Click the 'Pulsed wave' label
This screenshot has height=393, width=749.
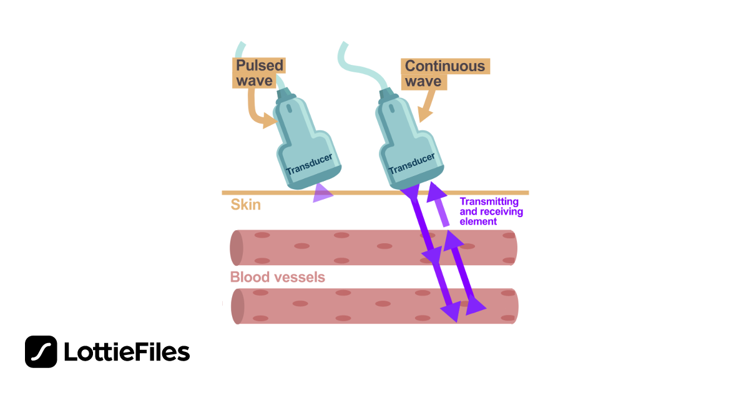click(259, 73)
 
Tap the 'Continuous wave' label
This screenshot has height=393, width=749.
click(445, 74)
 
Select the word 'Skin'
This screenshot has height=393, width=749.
click(246, 205)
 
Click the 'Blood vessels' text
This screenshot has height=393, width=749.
click(278, 277)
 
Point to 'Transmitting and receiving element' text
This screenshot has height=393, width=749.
click(491, 211)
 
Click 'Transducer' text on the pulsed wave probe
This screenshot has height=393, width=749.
click(310, 164)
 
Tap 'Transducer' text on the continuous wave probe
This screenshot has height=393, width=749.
click(411, 163)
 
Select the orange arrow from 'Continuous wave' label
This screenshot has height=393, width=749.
click(428, 105)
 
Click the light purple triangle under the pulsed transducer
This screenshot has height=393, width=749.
click(321, 193)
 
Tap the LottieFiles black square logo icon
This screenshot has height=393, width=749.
click(41, 352)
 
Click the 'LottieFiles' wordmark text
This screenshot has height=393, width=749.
click(127, 352)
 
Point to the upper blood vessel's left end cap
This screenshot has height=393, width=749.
click(237, 248)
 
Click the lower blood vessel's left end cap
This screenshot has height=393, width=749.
click(237, 306)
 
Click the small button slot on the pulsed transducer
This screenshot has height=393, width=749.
click(289, 109)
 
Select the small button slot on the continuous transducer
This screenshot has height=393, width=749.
click(391, 109)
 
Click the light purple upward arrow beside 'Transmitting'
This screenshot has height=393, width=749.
click(439, 204)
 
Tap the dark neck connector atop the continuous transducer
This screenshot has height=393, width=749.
click(387, 95)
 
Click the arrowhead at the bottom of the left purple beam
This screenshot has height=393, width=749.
click(451, 311)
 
